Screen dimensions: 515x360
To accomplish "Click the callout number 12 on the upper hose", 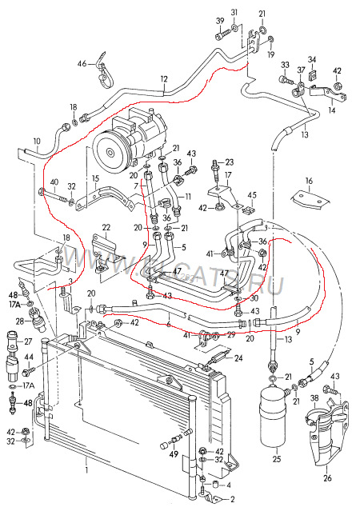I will (163, 78).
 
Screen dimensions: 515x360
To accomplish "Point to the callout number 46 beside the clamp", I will (82, 64).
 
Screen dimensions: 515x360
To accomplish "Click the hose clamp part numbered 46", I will (104, 73).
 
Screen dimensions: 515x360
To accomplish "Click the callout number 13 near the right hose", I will (304, 136).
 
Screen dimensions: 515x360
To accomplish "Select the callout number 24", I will (238, 358).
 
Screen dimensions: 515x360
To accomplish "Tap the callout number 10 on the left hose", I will (36, 142).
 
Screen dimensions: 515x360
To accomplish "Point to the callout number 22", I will (106, 229).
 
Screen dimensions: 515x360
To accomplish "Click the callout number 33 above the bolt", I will (284, 65).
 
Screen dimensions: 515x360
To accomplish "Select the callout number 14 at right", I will (331, 110).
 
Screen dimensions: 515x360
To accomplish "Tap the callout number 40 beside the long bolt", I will (54, 182).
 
